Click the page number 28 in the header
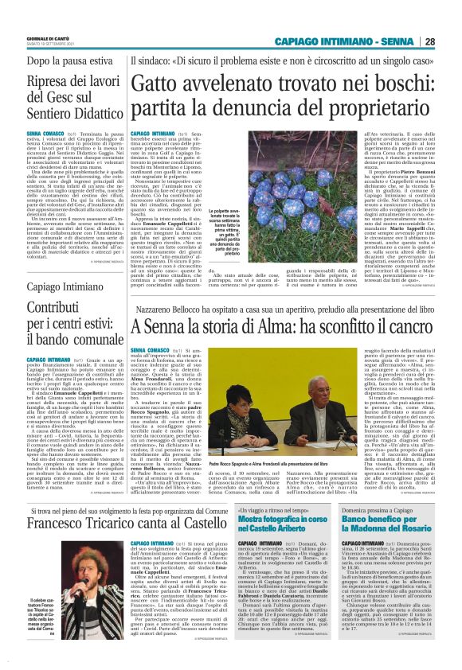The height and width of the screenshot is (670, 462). pos(451,42)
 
